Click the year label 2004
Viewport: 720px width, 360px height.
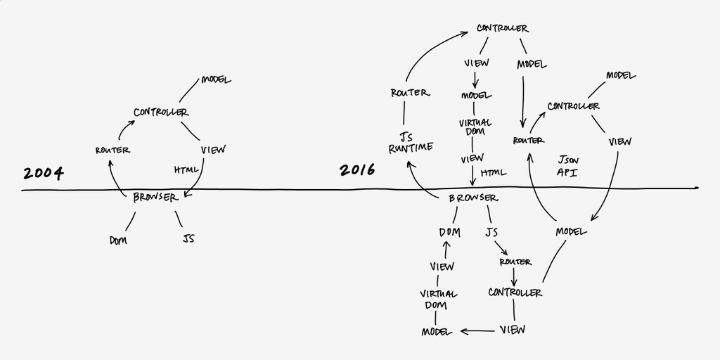pyautogui.click(x=43, y=173)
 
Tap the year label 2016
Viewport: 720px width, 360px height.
pyautogui.click(x=357, y=169)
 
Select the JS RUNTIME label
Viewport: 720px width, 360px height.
pyautogui.click(x=411, y=141)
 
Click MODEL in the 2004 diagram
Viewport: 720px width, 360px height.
pyautogui.click(x=216, y=80)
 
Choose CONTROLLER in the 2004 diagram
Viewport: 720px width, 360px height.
pyautogui.click(x=161, y=112)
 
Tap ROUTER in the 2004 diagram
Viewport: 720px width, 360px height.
pyautogui.click(x=112, y=150)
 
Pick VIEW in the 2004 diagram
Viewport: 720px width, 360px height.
pyautogui.click(x=212, y=150)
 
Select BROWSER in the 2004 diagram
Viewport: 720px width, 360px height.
pyautogui.click(x=156, y=198)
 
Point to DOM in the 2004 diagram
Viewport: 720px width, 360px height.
pyautogui.click(x=117, y=240)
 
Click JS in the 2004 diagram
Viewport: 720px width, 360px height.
pyautogui.click(x=188, y=239)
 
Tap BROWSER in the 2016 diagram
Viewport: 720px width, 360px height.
pyautogui.click(x=473, y=198)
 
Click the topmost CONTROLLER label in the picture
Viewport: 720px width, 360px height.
pyautogui.click(x=502, y=28)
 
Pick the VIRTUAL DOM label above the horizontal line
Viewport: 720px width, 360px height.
pyautogui.click(x=475, y=127)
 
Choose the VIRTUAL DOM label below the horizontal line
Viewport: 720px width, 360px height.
pyautogui.click(x=439, y=299)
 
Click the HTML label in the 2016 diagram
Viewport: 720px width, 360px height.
pyautogui.click(x=494, y=173)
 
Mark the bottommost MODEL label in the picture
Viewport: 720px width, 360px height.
pyautogui.click(x=436, y=331)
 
